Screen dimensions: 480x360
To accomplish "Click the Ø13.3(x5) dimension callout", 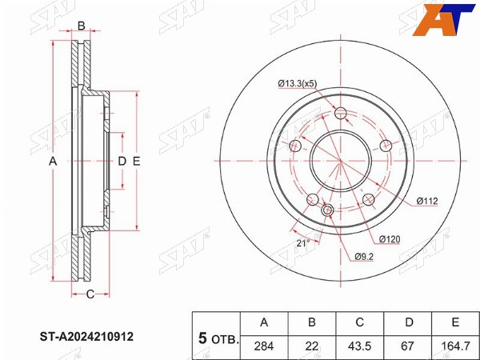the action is [x=298, y=83].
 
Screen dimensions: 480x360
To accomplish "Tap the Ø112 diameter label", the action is [x=427, y=201].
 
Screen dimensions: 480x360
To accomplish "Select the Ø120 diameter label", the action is [x=390, y=239].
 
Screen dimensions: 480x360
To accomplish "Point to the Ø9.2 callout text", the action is [x=364, y=257].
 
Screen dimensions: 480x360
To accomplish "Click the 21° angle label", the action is [x=303, y=243].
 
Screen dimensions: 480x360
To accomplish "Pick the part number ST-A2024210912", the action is [x=86, y=337].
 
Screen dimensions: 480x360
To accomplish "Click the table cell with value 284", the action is [x=264, y=346].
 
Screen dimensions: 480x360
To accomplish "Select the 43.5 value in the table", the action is [x=360, y=346].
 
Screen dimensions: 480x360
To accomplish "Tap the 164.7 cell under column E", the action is [x=455, y=346].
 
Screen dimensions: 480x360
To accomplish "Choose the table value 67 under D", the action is [x=408, y=346].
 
